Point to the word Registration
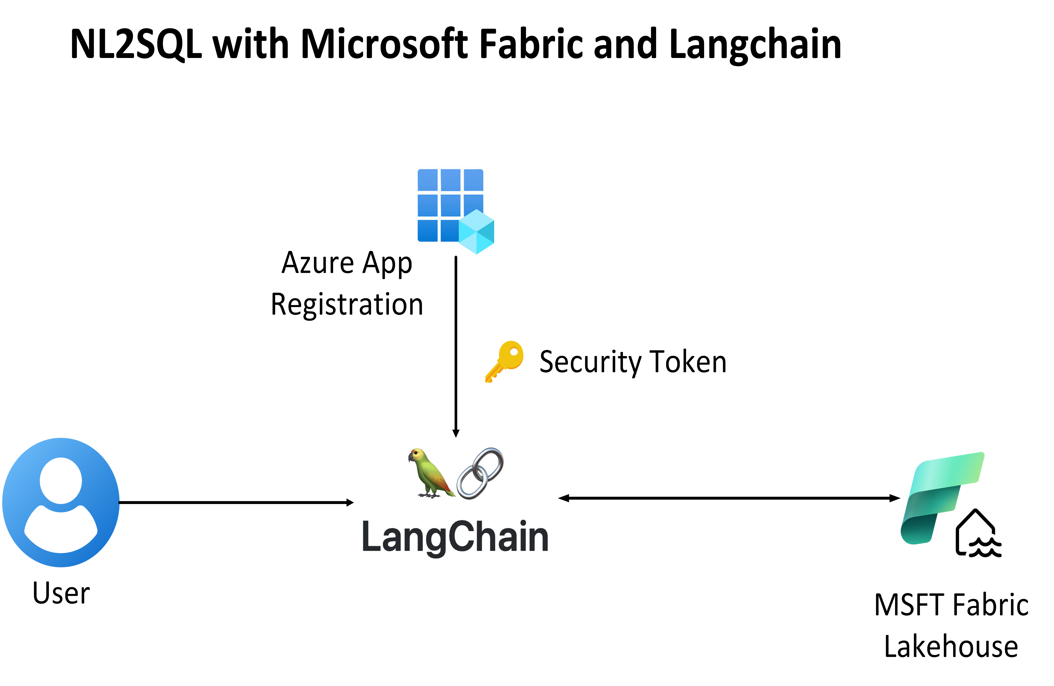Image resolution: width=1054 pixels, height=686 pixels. [x=347, y=304]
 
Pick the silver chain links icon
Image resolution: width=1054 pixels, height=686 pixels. [x=481, y=473]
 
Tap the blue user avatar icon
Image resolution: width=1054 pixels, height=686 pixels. [x=61, y=502]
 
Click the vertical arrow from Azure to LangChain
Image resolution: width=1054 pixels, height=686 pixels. [x=456, y=345]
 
